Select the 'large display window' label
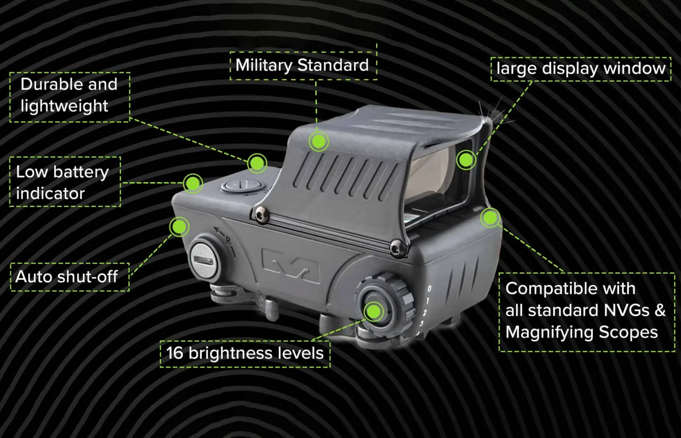click(581, 69)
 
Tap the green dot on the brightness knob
click(373, 311)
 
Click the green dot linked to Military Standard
click(319, 142)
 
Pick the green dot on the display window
click(466, 160)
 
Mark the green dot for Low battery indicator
click(193, 184)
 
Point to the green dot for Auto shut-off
click(179, 227)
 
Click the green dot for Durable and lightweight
click(257, 163)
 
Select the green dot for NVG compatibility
click(491, 218)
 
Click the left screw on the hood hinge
click(262, 215)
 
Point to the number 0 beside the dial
click(430, 289)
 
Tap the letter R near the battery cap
click(228, 241)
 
